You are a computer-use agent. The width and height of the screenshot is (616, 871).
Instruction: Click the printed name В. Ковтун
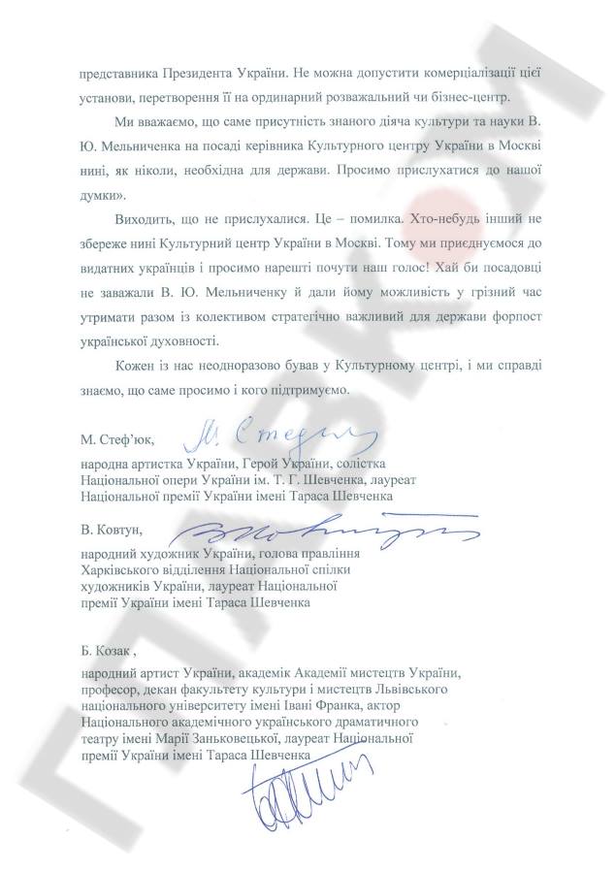pos(112,530)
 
